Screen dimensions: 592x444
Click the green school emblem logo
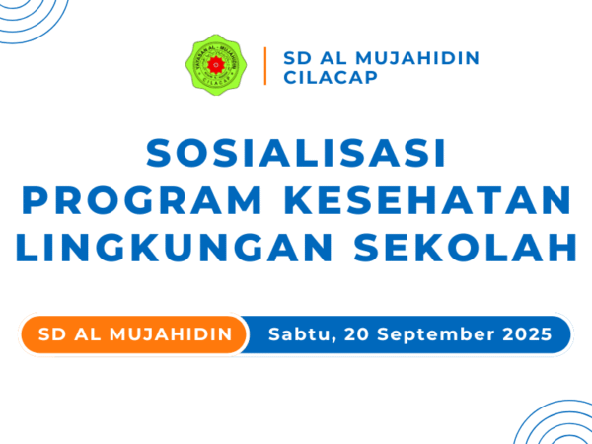[216, 64]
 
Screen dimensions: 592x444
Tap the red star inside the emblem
[216, 65]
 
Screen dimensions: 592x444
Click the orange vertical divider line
[265, 66]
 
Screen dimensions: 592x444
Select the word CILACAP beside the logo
[331, 77]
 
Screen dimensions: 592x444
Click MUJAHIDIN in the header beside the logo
[417, 58]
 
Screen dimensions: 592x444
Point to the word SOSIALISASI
[296, 153]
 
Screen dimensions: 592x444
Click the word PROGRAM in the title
[142, 200]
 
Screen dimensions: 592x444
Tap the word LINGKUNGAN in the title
[174, 248]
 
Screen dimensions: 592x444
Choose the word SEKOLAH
[466, 248]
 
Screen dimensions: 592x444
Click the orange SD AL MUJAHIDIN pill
[134, 334]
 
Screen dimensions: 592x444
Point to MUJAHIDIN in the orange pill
[171, 334]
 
